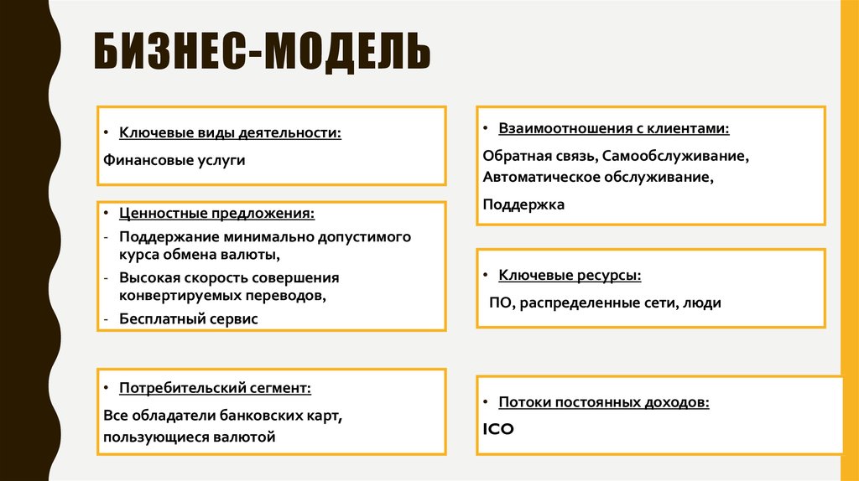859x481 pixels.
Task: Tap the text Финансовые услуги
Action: (x=174, y=159)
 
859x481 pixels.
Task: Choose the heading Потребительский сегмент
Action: (x=215, y=388)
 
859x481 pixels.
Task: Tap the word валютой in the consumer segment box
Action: (x=246, y=437)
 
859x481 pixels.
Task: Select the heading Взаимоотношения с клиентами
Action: (x=613, y=129)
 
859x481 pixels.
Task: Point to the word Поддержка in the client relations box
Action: (x=523, y=204)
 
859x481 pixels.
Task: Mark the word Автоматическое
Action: (x=537, y=178)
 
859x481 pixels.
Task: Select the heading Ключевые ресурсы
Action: (x=570, y=275)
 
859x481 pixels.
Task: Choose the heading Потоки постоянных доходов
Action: (x=604, y=402)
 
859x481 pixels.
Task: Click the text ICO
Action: (x=498, y=429)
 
